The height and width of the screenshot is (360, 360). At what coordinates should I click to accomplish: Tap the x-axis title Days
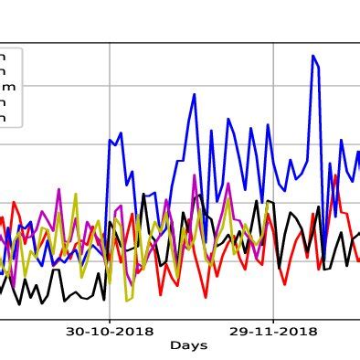click(188, 346)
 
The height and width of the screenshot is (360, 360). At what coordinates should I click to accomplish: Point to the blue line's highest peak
click(312, 56)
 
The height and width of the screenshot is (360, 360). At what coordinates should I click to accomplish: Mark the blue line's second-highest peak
click(195, 93)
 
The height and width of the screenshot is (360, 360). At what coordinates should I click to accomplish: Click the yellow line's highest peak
click(75, 194)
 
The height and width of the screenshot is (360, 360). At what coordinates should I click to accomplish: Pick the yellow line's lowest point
click(127, 301)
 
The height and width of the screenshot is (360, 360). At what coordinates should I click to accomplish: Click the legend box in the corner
click(9, 87)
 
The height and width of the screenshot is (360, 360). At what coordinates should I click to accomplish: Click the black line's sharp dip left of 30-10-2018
click(103, 298)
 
